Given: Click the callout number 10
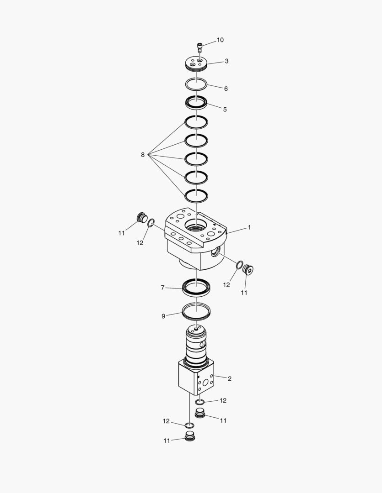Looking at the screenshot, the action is [220, 40].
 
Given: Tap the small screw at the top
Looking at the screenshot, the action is [199, 47].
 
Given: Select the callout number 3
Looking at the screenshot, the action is [226, 61].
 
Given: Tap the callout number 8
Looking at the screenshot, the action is [143, 155].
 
